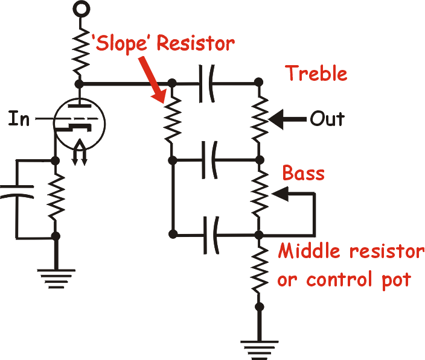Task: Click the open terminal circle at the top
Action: click(x=81, y=8)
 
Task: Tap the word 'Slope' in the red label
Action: click(x=120, y=43)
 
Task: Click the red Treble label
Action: click(x=316, y=73)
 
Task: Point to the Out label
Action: click(x=327, y=119)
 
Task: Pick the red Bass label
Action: click(x=303, y=172)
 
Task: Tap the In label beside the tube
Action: click(x=19, y=118)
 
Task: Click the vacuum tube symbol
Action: click(x=79, y=124)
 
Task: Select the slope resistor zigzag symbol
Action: click(x=173, y=120)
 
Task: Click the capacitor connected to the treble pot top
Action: click(x=207, y=83)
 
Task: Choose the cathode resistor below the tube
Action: click(x=56, y=198)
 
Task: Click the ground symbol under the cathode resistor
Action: click(x=56, y=279)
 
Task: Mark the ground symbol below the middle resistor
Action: click(x=260, y=350)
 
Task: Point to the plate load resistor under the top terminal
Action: click(x=81, y=51)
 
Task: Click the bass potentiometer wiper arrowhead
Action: click(x=280, y=194)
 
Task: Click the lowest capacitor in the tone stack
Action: click(x=211, y=235)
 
